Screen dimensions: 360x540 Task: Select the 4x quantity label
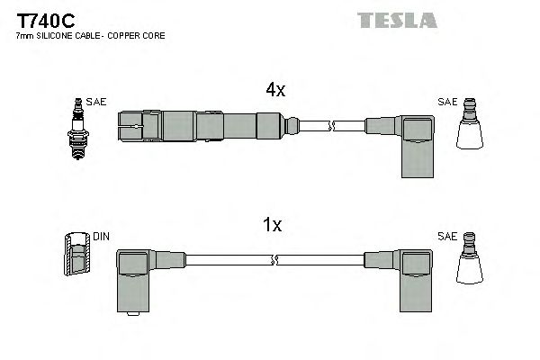pos(274,90)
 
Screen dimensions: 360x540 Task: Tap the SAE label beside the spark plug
pos(97,103)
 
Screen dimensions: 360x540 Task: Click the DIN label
pos(101,238)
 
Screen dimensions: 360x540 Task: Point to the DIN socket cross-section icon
pos(78,256)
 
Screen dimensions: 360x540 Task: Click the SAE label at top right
pos(446,102)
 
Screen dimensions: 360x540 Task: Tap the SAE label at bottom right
pos(446,237)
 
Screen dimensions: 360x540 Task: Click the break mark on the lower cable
pos(274,260)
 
